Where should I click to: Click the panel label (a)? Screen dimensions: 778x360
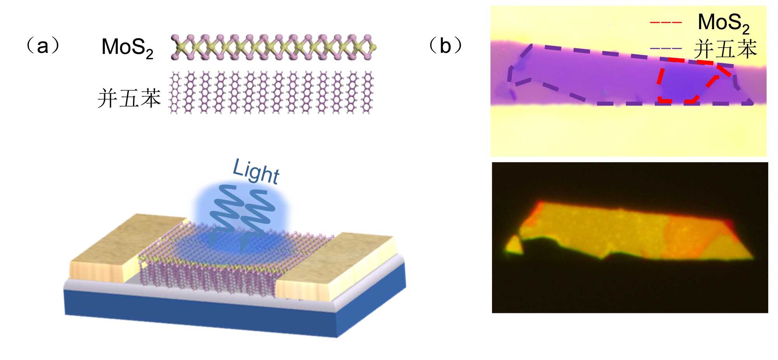43,46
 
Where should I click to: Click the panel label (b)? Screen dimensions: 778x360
445,46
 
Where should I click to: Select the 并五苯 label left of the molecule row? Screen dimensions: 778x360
129,98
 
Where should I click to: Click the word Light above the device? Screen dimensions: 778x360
256,171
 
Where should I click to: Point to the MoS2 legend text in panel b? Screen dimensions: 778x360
723,23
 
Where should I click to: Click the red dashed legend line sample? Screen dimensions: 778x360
666,23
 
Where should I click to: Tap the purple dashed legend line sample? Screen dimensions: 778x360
666,49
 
